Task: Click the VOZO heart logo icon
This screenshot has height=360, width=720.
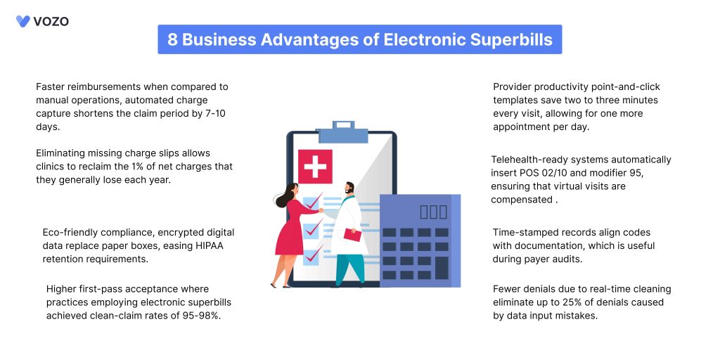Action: point(23,21)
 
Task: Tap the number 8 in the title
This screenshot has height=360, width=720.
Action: point(172,39)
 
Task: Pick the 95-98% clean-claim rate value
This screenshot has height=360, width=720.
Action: point(200,316)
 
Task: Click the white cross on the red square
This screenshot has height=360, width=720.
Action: point(315,166)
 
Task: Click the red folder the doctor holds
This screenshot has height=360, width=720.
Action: point(352,234)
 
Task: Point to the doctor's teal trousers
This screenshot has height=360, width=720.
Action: point(350,268)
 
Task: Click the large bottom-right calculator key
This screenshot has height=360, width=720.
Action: point(442,268)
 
